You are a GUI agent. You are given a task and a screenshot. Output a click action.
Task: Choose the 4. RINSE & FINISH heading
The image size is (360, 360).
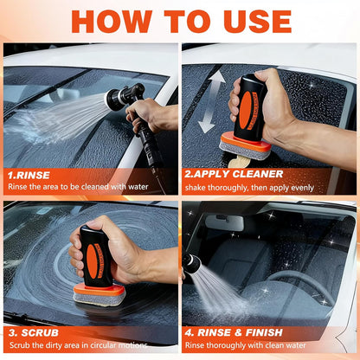(234, 331)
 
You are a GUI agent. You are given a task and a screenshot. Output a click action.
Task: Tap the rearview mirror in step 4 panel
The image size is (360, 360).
(224, 222)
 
